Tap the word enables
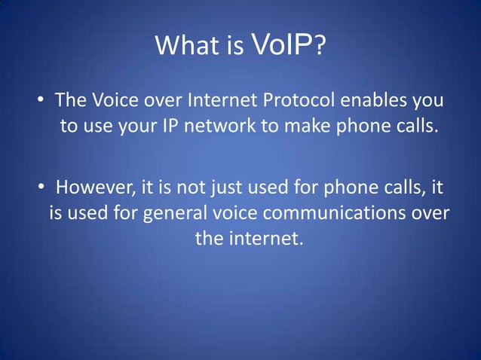coord(375,100)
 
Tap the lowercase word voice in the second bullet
coord(231,213)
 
